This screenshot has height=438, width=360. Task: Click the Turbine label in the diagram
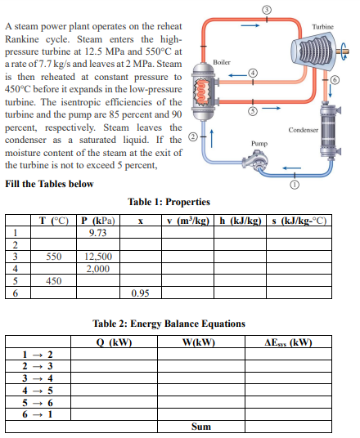tap(323, 27)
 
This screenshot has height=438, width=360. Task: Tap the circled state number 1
tap(294, 185)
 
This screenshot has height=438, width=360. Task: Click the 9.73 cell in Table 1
tap(97, 233)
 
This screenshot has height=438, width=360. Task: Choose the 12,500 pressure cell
tap(97, 257)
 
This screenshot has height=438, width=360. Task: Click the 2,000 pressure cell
tap(97, 268)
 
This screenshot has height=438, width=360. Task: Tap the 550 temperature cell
tap(53, 257)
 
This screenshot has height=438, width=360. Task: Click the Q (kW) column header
tap(115, 342)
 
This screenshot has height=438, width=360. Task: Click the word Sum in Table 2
tap(200, 427)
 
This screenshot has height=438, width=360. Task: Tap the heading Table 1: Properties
tap(169, 202)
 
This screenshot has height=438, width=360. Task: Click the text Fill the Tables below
tap(49, 183)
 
